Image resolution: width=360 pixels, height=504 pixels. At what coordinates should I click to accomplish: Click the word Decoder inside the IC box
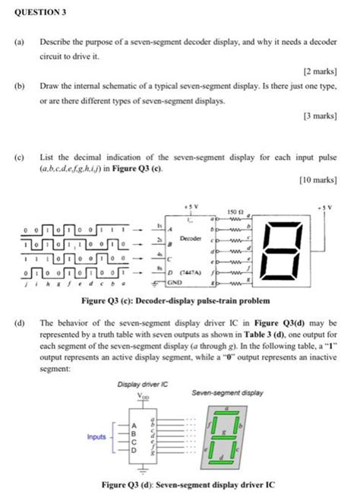click(189, 238)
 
